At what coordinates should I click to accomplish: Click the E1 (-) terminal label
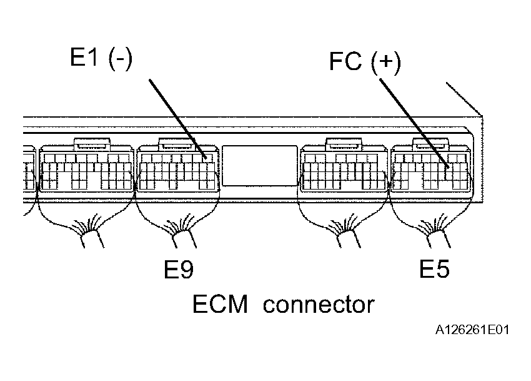point(101,58)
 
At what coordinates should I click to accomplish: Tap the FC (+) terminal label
point(365,63)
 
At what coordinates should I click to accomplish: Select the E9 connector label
point(179,269)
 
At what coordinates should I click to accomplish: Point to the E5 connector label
point(435,268)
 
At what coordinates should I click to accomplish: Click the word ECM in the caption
point(220,304)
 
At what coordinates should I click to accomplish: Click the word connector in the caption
point(319,305)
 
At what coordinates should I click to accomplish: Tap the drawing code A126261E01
point(472,330)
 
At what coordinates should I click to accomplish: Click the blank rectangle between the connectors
point(260,166)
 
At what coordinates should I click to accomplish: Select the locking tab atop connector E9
point(176,143)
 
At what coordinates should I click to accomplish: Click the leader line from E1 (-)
point(177,118)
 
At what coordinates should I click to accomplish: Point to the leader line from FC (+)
point(414,123)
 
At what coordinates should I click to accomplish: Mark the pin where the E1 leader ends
point(205,158)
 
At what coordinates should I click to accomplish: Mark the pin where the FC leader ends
point(449,167)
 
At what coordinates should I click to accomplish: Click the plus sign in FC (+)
point(386,61)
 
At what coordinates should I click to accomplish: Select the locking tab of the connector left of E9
point(92,144)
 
